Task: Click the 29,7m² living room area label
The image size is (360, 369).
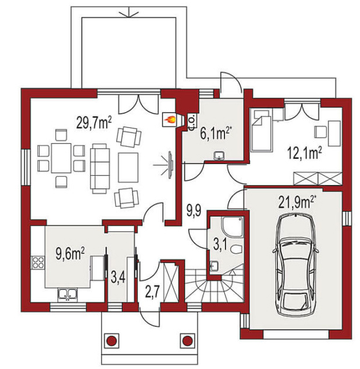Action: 94,123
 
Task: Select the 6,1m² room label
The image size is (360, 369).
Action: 215,134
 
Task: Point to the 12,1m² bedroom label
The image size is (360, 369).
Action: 304,152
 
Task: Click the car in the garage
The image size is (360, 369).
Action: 296,264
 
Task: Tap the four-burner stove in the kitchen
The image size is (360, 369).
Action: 38,263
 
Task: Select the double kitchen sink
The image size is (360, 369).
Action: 67,294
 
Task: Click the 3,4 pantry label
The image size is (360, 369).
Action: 118,277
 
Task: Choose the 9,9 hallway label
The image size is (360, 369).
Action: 194,211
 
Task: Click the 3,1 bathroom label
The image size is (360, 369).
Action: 220,244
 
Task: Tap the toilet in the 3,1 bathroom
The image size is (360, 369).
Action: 236,249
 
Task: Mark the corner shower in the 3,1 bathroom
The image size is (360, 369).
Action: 232,227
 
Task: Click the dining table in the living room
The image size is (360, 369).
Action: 61,158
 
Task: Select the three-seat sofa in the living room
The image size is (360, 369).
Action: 100,169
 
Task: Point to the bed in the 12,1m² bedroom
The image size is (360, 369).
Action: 261,130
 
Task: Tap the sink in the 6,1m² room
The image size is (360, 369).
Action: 219,156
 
